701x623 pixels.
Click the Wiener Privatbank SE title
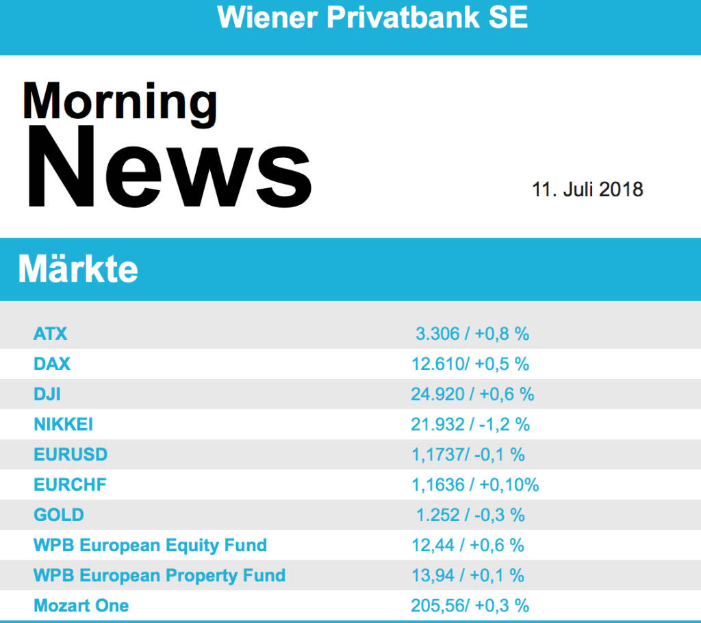(372, 17)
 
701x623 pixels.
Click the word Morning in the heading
(120, 101)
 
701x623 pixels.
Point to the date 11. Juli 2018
(587, 189)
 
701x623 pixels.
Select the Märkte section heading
(78, 269)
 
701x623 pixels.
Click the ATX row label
(51, 334)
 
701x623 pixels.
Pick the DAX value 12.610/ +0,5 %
(470, 364)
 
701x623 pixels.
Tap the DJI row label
(47, 394)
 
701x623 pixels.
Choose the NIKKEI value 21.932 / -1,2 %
(470, 425)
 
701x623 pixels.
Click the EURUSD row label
(71, 455)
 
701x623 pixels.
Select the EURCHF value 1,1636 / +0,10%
(474, 485)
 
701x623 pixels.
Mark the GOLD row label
(59, 515)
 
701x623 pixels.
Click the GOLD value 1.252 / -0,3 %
(470, 515)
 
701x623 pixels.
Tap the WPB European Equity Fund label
(150, 545)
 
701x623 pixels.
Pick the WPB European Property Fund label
(160, 575)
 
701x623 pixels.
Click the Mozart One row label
(81, 605)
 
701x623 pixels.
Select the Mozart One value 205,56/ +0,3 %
(470, 605)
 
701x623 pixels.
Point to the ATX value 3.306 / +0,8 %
(472, 334)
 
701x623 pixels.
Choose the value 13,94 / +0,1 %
(468, 575)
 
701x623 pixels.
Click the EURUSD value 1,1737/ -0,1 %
(468, 455)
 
